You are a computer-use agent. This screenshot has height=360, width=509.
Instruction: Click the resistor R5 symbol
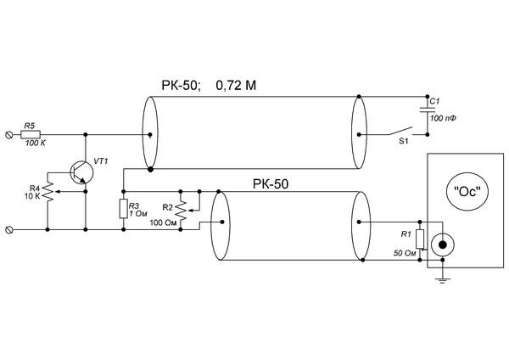click(x=31, y=134)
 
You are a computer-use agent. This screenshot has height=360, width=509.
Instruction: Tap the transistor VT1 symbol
click(x=81, y=173)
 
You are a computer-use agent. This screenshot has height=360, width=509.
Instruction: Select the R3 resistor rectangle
click(x=123, y=209)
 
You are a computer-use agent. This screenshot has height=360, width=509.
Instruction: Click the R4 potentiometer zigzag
click(x=48, y=192)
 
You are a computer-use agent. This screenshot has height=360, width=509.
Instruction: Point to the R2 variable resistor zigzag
click(x=181, y=211)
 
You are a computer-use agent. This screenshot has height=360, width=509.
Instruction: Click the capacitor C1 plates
click(x=428, y=110)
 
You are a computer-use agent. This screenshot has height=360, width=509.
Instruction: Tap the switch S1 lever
click(x=400, y=131)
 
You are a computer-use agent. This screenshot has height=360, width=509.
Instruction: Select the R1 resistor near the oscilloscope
click(x=420, y=239)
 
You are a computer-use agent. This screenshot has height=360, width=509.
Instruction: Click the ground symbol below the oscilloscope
click(x=442, y=280)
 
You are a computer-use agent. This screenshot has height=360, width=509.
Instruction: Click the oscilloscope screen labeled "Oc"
click(x=467, y=192)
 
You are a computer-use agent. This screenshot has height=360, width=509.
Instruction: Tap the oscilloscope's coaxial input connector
click(x=442, y=245)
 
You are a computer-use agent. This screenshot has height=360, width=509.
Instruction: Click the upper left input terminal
click(x=9, y=134)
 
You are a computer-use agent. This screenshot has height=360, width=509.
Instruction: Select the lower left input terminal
click(x=9, y=230)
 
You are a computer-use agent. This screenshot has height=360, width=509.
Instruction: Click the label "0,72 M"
click(x=236, y=86)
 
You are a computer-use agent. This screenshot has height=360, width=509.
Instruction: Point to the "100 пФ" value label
click(x=443, y=118)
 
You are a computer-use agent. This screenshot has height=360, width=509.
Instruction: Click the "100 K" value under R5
click(x=36, y=143)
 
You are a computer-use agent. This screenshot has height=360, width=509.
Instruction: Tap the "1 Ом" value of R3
click(x=138, y=214)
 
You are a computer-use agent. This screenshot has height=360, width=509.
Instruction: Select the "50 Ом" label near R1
click(x=405, y=253)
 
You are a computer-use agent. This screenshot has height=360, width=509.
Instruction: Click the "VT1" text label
click(x=101, y=161)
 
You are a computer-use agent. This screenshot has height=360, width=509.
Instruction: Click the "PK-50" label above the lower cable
click(x=271, y=184)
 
